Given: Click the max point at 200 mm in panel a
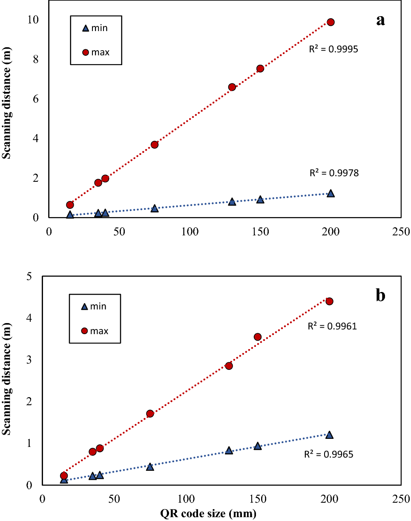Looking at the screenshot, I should click(x=331, y=22).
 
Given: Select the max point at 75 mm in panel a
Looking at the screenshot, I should click(x=155, y=145).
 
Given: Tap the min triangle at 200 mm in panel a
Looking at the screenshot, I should click(x=331, y=193).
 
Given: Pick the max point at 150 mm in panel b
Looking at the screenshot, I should click(x=258, y=337).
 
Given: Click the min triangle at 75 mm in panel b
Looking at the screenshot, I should click(x=150, y=467).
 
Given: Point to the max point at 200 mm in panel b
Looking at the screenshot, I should click(x=329, y=301).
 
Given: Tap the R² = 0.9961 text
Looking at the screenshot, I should click(x=332, y=326).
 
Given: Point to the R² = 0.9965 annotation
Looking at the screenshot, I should click(x=328, y=454).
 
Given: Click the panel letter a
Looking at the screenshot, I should click(x=380, y=20).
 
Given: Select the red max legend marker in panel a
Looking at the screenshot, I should click(x=85, y=52).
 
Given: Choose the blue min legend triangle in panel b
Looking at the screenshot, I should click(x=84, y=306).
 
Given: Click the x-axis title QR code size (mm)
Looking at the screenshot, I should click(x=208, y=514).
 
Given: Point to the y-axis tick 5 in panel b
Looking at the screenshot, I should click(x=29, y=277).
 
